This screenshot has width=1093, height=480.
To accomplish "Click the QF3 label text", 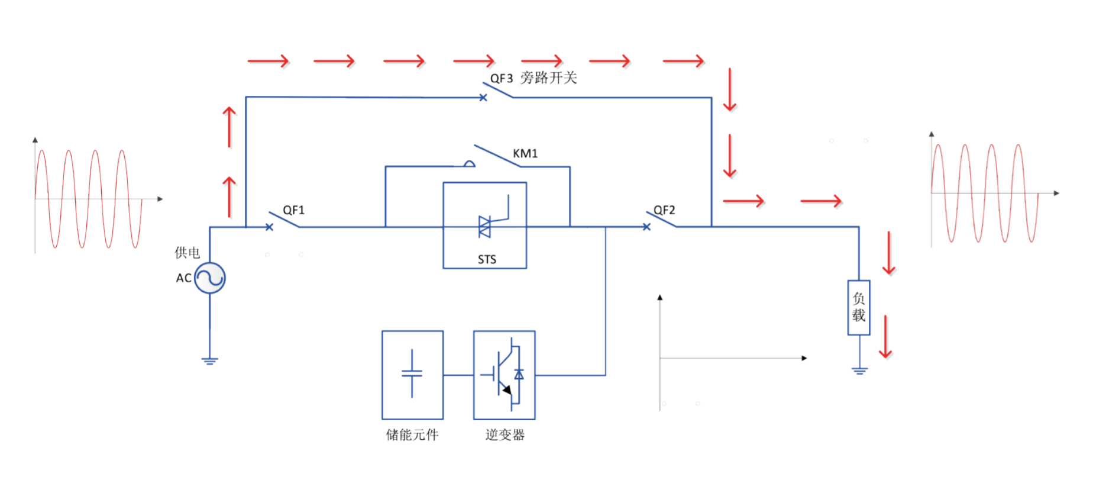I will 501,78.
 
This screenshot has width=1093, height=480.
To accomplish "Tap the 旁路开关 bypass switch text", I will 548,78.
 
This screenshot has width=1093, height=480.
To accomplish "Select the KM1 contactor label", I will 525,153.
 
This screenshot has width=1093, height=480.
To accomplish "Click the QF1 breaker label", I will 293,210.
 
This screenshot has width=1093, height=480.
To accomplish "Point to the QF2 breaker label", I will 664,210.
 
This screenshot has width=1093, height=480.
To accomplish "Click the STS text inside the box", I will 487,259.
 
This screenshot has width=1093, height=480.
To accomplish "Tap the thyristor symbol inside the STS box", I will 485,227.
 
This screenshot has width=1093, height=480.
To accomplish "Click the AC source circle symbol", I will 210,278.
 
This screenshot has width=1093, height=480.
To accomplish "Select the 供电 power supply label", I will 187,253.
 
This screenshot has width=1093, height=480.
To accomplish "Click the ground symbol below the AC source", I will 209,360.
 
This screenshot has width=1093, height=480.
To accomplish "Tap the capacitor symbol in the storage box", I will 412,373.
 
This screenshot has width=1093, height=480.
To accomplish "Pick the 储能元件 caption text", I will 412,435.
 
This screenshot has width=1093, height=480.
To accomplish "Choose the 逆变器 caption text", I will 505,435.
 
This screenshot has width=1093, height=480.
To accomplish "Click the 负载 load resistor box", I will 859,307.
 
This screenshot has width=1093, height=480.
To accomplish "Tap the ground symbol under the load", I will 859,371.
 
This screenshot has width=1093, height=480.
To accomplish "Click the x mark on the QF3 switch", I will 483,98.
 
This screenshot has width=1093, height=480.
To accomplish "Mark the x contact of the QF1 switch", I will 269,227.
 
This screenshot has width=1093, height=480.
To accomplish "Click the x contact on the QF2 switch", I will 646,227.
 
